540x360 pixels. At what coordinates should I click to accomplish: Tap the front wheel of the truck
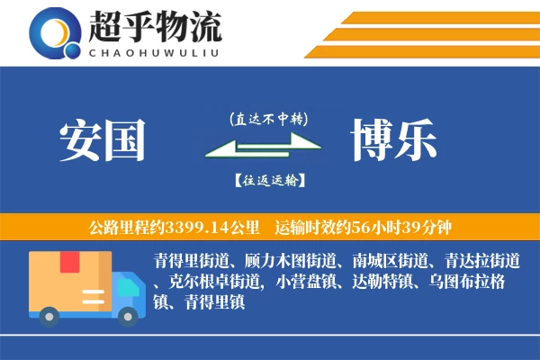pos(127,314)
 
